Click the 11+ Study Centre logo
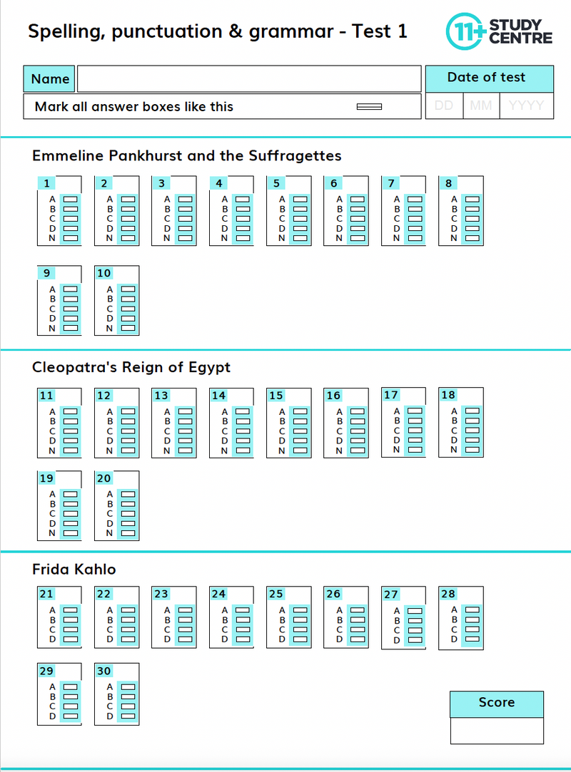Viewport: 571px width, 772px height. pyautogui.click(x=499, y=31)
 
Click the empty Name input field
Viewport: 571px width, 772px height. pyautogui.click(x=249, y=79)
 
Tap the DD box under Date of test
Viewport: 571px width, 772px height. pyautogui.click(x=444, y=106)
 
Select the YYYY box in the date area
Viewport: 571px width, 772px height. pyautogui.click(x=527, y=106)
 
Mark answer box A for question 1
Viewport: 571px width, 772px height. pyautogui.click(x=70, y=200)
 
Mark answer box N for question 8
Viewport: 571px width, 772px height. pyautogui.click(x=472, y=238)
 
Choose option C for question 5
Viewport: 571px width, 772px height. pyautogui.click(x=300, y=219)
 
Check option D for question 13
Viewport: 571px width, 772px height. pyautogui.click(x=185, y=441)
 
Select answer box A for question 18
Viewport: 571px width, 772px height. pyautogui.click(x=472, y=411)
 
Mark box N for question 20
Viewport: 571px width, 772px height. pyautogui.click(x=128, y=532)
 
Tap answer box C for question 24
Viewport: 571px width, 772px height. pyautogui.click(x=243, y=629)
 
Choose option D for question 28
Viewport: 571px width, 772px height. pyautogui.click(x=472, y=639)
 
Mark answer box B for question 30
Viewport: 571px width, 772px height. pyautogui.click(x=128, y=696)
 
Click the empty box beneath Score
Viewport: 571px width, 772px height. pyautogui.click(x=496, y=731)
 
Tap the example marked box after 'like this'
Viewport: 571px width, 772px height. pyautogui.click(x=369, y=107)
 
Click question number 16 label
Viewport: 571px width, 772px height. pyautogui.click(x=333, y=396)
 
